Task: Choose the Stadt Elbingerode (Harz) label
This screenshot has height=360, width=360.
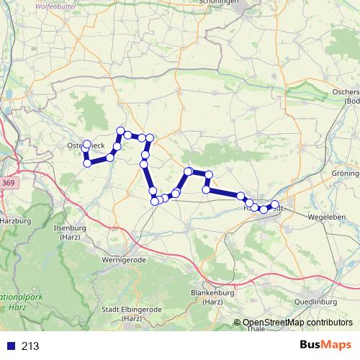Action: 131,312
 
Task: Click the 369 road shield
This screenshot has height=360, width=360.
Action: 8,184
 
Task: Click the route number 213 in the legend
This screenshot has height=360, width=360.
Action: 31,346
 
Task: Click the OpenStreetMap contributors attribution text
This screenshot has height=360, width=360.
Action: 297,323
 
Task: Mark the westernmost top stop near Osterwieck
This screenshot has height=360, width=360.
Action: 87,144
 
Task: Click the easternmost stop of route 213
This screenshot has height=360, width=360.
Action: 274,204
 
